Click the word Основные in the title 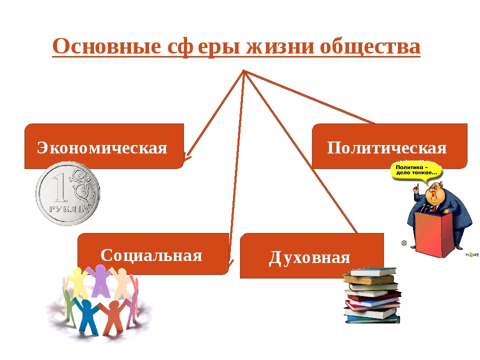(x=107, y=46)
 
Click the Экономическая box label (x=102, y=148)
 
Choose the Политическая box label (x=386, y=148)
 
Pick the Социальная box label (x=151, y=255)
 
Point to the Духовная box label (x=309, y=257)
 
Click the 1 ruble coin (x=68, y=193)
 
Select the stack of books (x=372, y=295)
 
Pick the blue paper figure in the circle (x=86, y=314)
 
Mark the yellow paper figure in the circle (x=77, y=282)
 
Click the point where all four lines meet (x=243, y=71)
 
